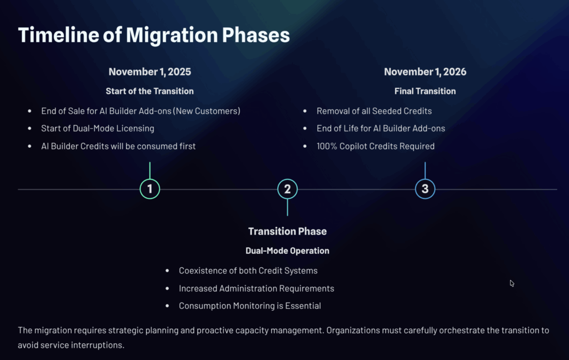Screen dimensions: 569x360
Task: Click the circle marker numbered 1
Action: pos(149,179)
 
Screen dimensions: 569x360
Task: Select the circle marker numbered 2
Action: pos(287,179)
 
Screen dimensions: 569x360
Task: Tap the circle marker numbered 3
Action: pos(425,179)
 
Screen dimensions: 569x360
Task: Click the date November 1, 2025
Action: pos(149,72)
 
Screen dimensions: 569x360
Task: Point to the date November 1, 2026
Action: pos(425,72)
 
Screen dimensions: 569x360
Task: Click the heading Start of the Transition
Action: pos(149,91)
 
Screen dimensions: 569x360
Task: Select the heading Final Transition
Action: pos(425,91)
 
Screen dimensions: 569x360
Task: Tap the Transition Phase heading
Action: pos(287,231)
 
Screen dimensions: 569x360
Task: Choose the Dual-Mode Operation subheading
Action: pos(287,251)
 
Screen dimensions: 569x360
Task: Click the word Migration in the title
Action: pos(171,35)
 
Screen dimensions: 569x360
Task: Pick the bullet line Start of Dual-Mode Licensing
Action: pos(98,128)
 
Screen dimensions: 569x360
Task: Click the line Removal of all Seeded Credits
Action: pos(374,111)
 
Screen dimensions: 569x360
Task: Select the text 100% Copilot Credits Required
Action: pos(376,146)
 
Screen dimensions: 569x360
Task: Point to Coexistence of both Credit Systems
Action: pos(248,271)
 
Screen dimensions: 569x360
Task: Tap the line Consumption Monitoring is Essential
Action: pos(249,306)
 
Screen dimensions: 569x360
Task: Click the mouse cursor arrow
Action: pos(512,283)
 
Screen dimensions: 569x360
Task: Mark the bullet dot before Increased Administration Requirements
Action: pos(167,288)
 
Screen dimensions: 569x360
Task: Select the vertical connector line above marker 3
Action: pos(425,170)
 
